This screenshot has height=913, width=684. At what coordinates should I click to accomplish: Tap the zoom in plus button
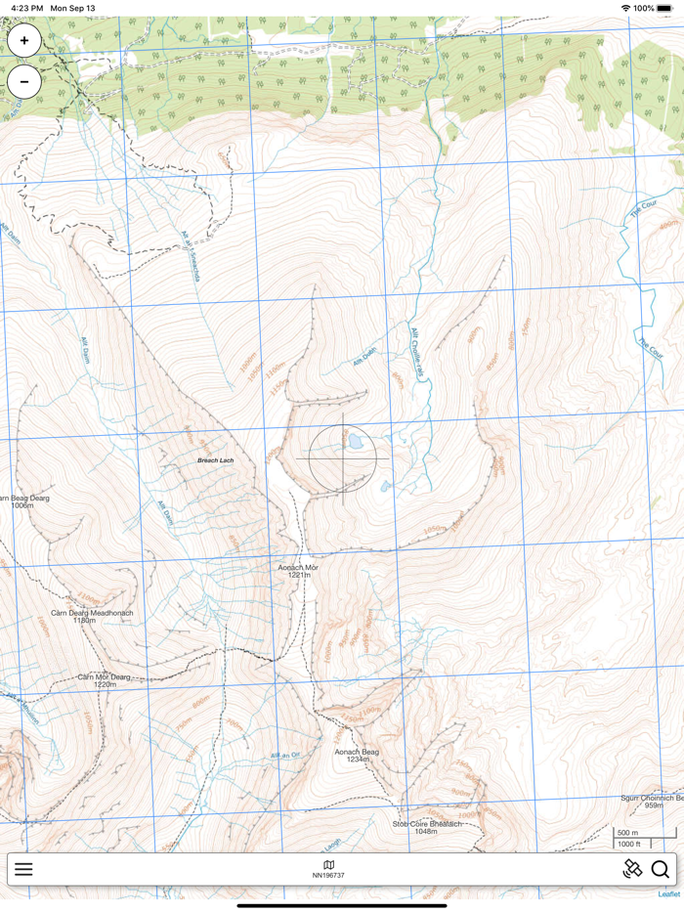click(x=24, y=41)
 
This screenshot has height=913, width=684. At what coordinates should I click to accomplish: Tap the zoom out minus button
click(x=24, y=82)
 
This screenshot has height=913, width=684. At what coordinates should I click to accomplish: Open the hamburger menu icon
click(x=23, y=869)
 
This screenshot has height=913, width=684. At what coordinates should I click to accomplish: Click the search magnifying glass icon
click(x=661, y=869)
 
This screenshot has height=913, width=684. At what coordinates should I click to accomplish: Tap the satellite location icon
click(x=632, y=869)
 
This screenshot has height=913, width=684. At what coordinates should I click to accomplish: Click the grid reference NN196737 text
click(x=328, y=876)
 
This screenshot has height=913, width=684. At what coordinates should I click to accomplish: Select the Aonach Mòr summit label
click(x=298, y=571)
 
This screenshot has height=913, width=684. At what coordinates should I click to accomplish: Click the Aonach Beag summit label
click(x=357, y=756)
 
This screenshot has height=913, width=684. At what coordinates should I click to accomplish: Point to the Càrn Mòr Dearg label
click(x=104, y=680)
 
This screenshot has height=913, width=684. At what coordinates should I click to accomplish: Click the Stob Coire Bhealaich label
click(x=426, y=827)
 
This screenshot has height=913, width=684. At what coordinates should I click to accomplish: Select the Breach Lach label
click(x=215, y=460)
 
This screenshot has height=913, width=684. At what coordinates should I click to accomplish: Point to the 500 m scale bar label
click(x=627, y=833)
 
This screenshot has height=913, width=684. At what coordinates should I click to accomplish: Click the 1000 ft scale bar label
click(x=629, y=845)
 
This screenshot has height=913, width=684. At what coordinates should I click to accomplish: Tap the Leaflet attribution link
click(x=668, y=893)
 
